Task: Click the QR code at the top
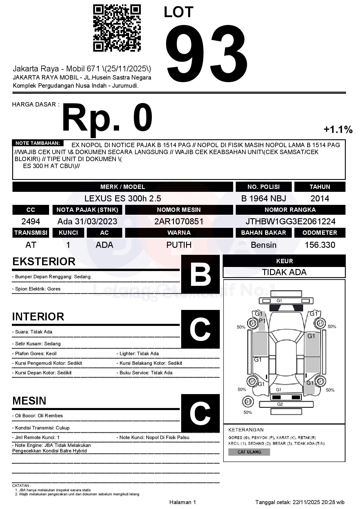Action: (x=117, y=28)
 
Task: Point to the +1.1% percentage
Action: (x=338, y=129)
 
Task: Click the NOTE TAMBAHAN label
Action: (x=38, y=143)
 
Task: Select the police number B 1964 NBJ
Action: (x=263, y=198)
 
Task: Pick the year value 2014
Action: (x=320, y=198)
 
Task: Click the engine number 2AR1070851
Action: (x=179, y=221)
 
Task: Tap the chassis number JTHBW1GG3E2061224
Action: (x=290, y=221)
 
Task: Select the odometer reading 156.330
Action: (x=320, y=245)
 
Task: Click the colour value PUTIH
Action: (x=179, y=245)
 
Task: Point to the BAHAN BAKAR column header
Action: (x=263, y=233)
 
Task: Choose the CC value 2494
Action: (x=31, y=221)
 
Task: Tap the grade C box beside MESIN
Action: (x=200, y=413)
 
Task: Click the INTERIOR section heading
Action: (x=38, y=317)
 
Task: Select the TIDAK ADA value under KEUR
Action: (x=284, y=272)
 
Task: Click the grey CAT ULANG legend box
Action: (x=249, y=452)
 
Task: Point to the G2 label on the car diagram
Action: (x=280, y=404)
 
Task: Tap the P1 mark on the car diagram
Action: (x=262, y=321)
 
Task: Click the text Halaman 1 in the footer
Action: (x=183, y=502)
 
